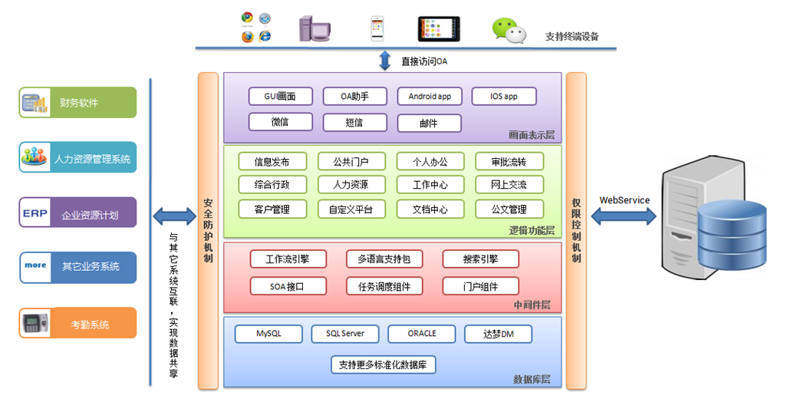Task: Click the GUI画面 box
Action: (282, 97)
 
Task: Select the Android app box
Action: (429, 97)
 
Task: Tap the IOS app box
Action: (503, 97)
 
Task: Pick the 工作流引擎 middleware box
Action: (288, 259)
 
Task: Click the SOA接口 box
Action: (288, 286)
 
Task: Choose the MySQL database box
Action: (269, 334)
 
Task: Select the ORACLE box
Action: (422, 334)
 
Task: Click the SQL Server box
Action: (345, 334)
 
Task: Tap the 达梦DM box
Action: (498, 334)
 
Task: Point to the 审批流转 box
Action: (509, 162)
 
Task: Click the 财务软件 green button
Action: (77, 102)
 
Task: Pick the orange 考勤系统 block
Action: (77, 324)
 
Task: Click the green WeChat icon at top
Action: (509, 30)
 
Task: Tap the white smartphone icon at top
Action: (377, 28)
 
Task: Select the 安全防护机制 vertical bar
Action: (208, 230)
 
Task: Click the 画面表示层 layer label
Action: (531, 135)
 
